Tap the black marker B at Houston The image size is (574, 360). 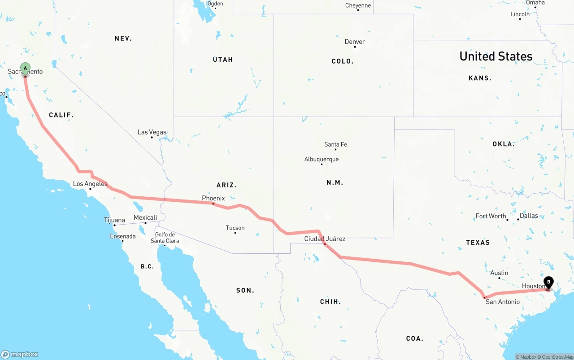click(x=548, y=282)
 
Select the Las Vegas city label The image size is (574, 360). click(x=152, y=132)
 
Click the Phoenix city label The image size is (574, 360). click(x=213, y=198)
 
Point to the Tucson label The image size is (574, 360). click(x=235, y=228)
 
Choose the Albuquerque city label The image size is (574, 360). click(x=321, y=159)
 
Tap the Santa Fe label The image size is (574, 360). click(x=335, y=144)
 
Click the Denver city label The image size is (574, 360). click(x=354, y=42)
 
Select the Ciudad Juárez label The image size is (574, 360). click(x=325, y=239)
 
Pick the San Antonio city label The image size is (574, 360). click(x=503, y=302)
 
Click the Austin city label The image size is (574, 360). click(x=499, y=273)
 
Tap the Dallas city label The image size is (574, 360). click(x=528, y=216)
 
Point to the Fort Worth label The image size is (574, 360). click(x=491, y=216)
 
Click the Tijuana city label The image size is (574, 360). click(x=114, y=220)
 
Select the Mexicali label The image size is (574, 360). click(x=145, y=217)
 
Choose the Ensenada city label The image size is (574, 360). click(x=122, y=236)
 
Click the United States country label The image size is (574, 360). click(x=496, y=56)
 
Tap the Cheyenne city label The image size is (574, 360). click(x=358, y=5)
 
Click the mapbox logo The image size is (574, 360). click(x=20, y=354)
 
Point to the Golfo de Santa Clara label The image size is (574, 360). click(x=165, y=238)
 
